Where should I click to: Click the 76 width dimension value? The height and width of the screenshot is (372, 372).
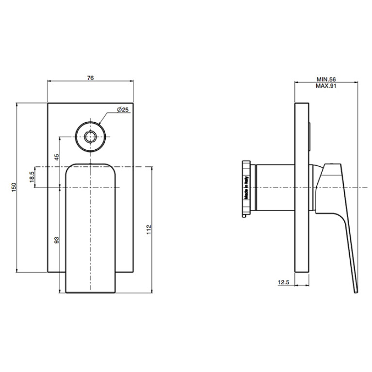tap(90, 78)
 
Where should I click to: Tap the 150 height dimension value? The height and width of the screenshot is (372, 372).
tap(14, 187)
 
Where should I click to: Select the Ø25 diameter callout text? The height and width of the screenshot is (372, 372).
tap(123, 110)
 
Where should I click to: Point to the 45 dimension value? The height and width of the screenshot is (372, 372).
tap(57, 157)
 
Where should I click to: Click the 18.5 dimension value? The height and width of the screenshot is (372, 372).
tap(32, 177)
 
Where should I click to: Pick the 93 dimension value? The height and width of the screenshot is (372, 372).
tap(57, 240)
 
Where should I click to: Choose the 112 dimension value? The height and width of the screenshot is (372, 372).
tap(149, 230)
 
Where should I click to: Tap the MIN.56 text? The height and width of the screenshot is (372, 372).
tap(326, 79)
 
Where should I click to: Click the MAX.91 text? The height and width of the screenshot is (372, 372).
tap(326, 86)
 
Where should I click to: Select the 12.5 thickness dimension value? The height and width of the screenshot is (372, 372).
tap(284, 282)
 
